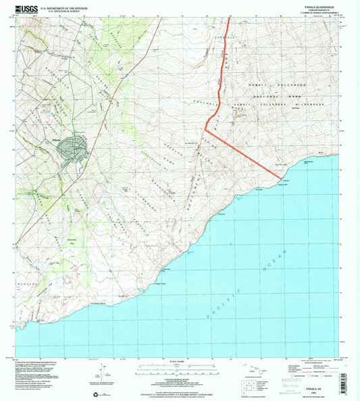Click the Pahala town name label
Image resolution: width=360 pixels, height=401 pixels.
(57, 139)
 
